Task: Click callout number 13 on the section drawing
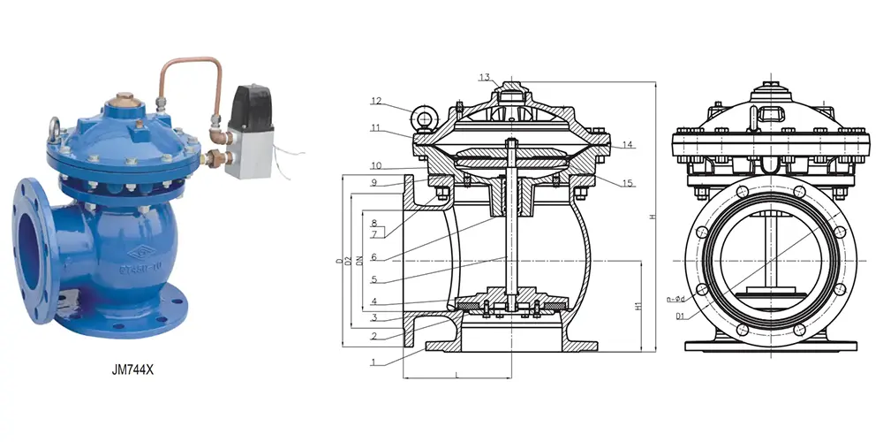click(x=485, y=78)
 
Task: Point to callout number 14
click(x=628, y=144)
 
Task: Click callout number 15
click(x=628, y=183)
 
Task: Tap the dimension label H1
click(x=638, y=306)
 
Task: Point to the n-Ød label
click(x=675, y=299)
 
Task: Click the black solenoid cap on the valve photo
click(x=251, y=105)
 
